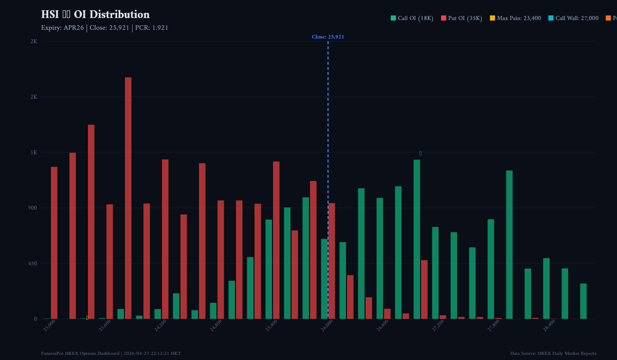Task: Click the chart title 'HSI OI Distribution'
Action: tap(95, 15)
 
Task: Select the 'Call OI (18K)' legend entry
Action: tap(411, 19)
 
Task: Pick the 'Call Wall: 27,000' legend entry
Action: tap(573, 19)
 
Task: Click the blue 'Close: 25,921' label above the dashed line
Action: tap(328, 37)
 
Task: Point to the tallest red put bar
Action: tap(128, 198)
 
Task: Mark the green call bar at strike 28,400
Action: tap(547, 289)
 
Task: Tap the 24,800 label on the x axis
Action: tap(216, 326)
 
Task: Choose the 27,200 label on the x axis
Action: tap(438, 326)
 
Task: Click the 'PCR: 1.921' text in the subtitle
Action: tap(152, 28)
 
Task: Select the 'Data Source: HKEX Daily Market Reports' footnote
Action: tap(553, 353)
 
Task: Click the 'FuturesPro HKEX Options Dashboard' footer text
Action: tap(80, 353)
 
